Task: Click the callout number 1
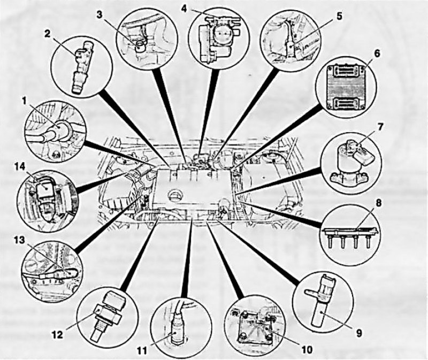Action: click(25, 102)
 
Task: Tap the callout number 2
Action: click(48, 35)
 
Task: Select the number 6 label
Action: click(377, 53)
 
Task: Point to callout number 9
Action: click(358, 332)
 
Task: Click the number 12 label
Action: click(57, 334)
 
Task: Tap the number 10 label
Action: click(307, 349)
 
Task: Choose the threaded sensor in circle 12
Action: click(109, 315)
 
